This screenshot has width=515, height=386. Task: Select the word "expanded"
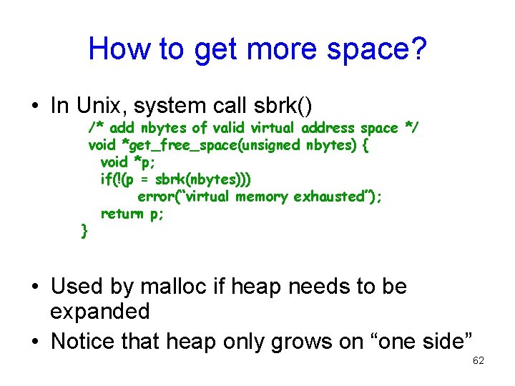[100, 312]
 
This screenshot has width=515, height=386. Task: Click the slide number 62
[479, 361]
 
